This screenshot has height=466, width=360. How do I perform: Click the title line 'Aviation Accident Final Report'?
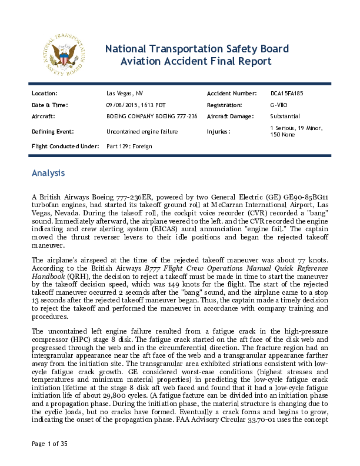tap(196, 61)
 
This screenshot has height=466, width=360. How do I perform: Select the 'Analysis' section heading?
tap(52, 174)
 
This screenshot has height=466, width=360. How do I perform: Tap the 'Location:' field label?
tap(45, 94)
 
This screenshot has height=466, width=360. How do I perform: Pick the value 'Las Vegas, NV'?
tap(124, 94)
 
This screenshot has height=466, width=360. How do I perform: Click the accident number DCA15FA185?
tap(287, 94)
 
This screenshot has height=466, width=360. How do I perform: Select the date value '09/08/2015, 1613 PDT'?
tap(132, 105)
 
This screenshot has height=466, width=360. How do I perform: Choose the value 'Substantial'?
tap(285, 116)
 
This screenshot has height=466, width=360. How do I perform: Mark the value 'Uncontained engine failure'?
tap(142, 131)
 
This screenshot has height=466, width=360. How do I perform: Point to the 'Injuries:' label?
tap(219, 131)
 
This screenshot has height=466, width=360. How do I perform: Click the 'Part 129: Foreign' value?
tap(130, 145)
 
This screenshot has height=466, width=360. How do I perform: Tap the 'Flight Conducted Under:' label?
tap(65, 145)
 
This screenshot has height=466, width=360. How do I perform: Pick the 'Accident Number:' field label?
tap(232, 94)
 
